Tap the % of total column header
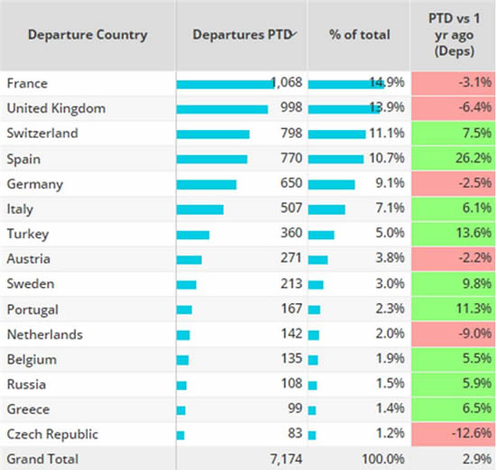pos(360,35)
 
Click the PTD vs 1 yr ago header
pos(453,34)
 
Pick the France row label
pos(27,83)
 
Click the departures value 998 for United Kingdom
pos(284,108)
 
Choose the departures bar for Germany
pos(207,184)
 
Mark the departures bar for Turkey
pos(193,235)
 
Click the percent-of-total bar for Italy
pos(326,209)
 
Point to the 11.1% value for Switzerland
pos(388,134)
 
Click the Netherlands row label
pos(45,335)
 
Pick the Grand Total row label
pos(42,459)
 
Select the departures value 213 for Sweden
pos(284,284)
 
